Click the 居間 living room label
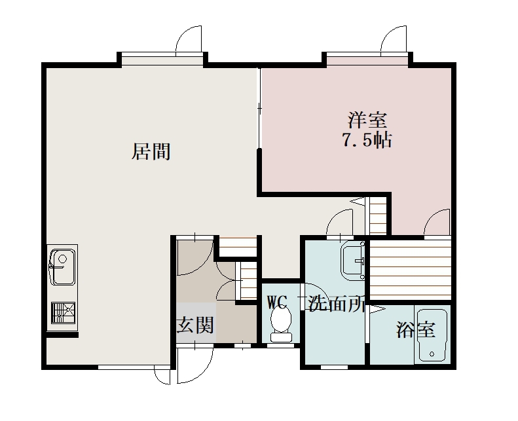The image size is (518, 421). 151,151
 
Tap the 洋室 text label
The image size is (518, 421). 367,120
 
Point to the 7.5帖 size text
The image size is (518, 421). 367,140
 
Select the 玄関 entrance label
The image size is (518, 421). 196,325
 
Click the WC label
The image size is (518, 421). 277,302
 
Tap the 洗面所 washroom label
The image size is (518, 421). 337,304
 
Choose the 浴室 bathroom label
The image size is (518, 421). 416,329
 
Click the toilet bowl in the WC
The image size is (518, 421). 281,323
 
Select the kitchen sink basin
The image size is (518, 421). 62,267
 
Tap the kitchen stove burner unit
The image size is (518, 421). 63,313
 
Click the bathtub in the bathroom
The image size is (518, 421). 432,335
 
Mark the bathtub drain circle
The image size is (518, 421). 432,354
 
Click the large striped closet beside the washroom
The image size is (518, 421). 410,270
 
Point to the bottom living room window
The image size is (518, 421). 134,367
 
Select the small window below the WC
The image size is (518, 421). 280,346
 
